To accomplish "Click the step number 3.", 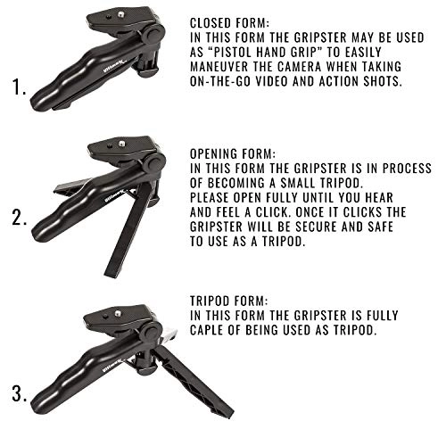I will point(18,393).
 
